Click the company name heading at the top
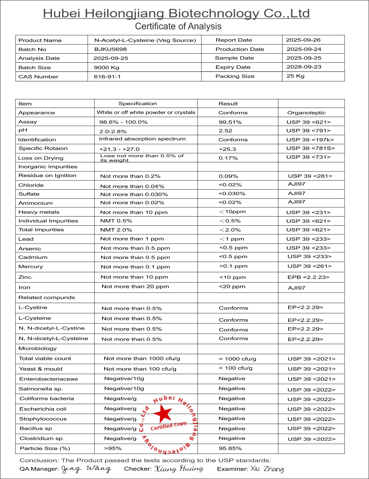(176, 13)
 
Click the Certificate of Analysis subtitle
(178, 26)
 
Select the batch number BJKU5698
(110, 49)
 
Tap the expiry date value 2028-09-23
(304, 67)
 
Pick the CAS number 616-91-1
(107, 77)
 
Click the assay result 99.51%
(230, 122)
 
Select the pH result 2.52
(225, 131)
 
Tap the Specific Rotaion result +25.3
(227, 149)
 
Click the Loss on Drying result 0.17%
(228, 158)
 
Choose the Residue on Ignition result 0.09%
(228, 176)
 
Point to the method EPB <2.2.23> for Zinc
(308, 277)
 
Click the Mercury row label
(31, 266)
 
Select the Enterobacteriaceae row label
(48, 379)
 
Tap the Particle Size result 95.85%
(230, 448)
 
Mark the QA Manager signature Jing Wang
(86, 469)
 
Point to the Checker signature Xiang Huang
(179, 469)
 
